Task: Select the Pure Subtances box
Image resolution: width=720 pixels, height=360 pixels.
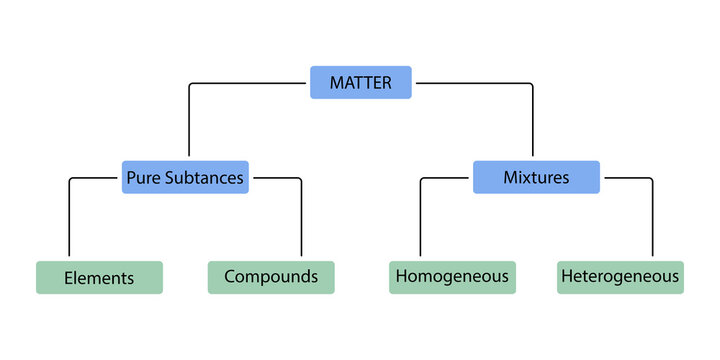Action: click(185, 177)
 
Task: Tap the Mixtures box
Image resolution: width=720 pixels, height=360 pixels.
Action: click(536, 177)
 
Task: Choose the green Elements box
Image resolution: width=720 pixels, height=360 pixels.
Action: click(99, 277)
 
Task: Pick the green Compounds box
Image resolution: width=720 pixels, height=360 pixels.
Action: click(271, 277)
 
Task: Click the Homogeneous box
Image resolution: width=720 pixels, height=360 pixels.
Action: click(452, 277)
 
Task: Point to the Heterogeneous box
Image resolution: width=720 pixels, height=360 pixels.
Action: click(620, 277)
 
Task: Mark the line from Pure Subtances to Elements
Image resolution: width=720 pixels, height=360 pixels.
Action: click(69, 215)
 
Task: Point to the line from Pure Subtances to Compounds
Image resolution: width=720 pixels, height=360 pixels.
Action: click(301, 215)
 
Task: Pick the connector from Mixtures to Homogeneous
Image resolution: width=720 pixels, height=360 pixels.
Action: click(421, 215)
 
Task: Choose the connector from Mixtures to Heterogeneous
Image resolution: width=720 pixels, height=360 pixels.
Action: click(652, 215)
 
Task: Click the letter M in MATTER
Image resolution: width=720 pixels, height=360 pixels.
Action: click(336, 82)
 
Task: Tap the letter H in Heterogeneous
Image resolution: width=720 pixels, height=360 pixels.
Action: click(567, 276)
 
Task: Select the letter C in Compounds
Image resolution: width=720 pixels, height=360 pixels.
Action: click(230, 276)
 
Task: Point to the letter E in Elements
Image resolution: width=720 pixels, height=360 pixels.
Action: click(68, 278)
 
